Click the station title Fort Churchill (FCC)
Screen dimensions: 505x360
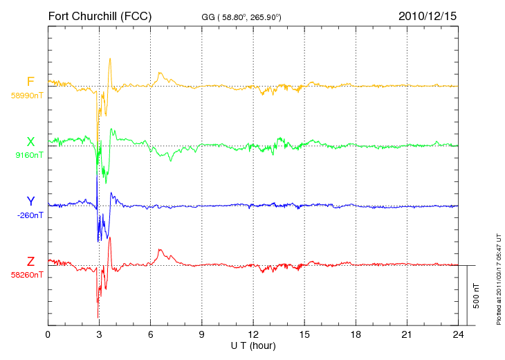(100, 16)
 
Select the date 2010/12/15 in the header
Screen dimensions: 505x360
(428, 16)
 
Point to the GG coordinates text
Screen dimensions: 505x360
(241, 17)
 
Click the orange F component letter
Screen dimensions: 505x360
(30, 82)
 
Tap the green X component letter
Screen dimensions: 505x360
(30, 142)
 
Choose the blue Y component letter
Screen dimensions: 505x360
(30, 201)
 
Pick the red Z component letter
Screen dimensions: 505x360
(30, 262)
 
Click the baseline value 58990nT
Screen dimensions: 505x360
(27, 96)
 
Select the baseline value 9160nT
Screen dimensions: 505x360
(29, 155)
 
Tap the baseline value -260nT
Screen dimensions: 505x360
(30, 215)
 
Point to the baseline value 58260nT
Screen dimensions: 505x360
(27, 275)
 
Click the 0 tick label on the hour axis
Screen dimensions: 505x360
(48, 334)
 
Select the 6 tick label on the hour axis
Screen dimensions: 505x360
(150, 334)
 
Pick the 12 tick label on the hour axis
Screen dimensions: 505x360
(253, 334)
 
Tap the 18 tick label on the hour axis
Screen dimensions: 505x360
(356, 334)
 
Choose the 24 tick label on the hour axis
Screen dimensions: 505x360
(458, 334)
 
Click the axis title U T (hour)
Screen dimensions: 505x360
(253, 346)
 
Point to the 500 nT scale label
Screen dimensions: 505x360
(477, 296)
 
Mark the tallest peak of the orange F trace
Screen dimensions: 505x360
(110, 59)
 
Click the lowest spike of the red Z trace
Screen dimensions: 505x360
(98, 318)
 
